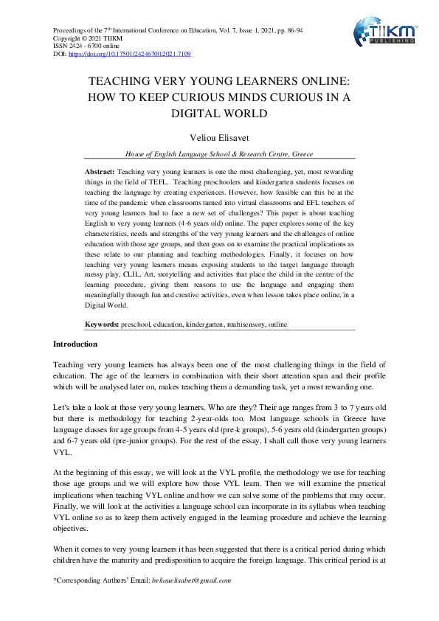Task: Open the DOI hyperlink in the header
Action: tap(130, 54)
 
